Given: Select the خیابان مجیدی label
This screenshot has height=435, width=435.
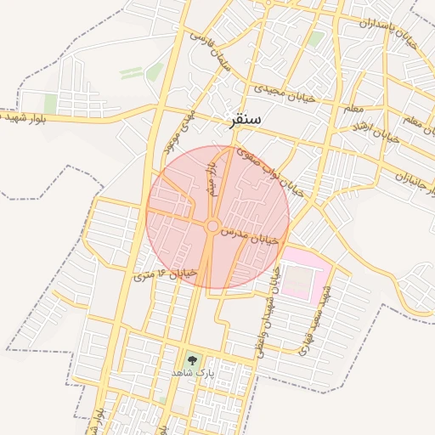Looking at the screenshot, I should (x=285, y=89).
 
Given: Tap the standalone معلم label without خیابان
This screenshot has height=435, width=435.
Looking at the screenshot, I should (x=353, y=109).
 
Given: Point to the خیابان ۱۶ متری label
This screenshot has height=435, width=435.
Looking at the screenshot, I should (x=167, y=274).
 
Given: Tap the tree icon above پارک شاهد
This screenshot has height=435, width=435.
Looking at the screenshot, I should (x=191, y=360).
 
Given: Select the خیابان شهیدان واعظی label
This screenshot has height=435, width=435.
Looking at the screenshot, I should (x=267, y=310).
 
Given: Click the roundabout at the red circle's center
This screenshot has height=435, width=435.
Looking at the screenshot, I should (x=212, y=225).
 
